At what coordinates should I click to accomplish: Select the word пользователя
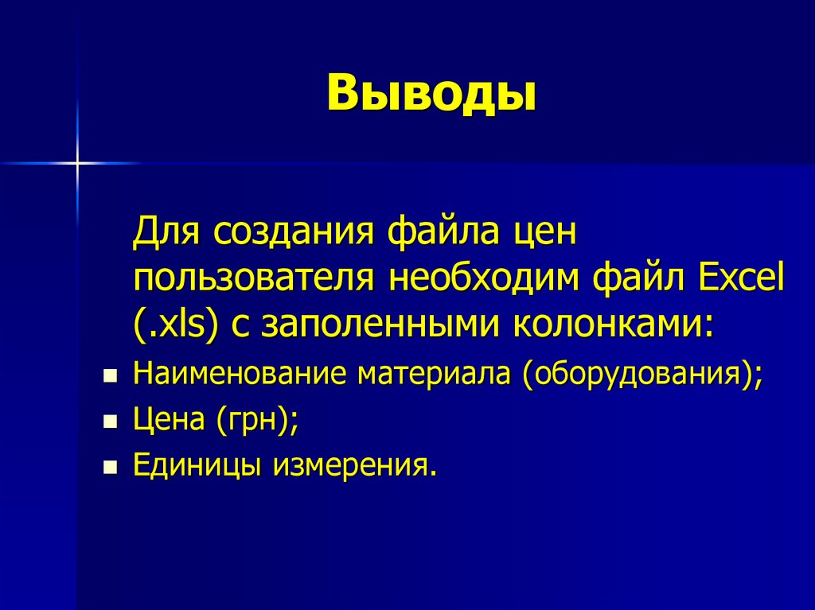(x=253, y=279)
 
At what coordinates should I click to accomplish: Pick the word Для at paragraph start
(x=166, y=235)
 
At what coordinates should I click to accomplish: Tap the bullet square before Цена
(x=111, y=422)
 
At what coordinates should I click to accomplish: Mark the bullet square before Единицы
(x=111, y=466)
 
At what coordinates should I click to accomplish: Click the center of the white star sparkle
(x=77, y=164)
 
